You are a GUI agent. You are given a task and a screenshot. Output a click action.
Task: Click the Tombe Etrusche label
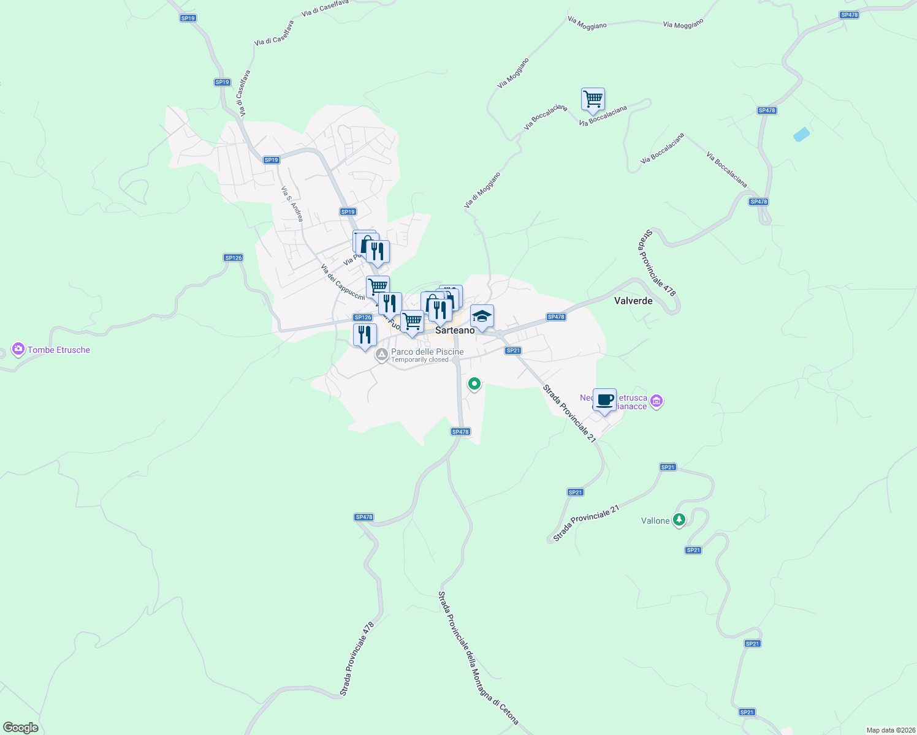[x=59, y=350]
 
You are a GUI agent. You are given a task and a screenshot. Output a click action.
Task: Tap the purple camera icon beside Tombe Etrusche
[x=18, y=349]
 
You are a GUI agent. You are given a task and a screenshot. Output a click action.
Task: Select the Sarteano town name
[x=455, y=330]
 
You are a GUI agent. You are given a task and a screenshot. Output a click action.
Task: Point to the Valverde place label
[x=633, y=301]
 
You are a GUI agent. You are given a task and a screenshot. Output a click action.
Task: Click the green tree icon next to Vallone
[x=679, y=520]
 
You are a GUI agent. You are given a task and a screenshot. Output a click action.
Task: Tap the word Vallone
[x=655, y=521]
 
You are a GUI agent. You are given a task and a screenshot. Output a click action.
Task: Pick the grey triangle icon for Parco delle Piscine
[x=382, y=354]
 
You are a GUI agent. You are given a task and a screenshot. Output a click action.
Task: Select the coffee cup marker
[x=604, y=400]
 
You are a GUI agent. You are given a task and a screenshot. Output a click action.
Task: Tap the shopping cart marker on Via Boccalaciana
[x=593, y=99]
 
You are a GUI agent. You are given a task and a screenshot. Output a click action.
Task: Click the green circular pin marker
[x=474, y=384]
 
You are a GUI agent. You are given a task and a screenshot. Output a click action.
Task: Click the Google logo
[x=20, y=728]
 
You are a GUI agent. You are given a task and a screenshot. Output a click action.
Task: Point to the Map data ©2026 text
[x=890, y=730]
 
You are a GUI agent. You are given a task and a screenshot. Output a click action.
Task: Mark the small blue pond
[x=801, y=135]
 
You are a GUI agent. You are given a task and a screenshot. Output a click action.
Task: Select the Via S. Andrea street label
[x=292, y=203]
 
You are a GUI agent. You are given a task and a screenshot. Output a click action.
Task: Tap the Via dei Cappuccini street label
[x=343, y=282]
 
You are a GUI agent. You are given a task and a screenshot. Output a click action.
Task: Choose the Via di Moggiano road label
[x=482, y=190]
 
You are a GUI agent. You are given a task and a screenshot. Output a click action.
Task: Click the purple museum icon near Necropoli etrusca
[x=656, y=402]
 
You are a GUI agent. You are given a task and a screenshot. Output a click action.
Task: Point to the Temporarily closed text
[x=420, y=360]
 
